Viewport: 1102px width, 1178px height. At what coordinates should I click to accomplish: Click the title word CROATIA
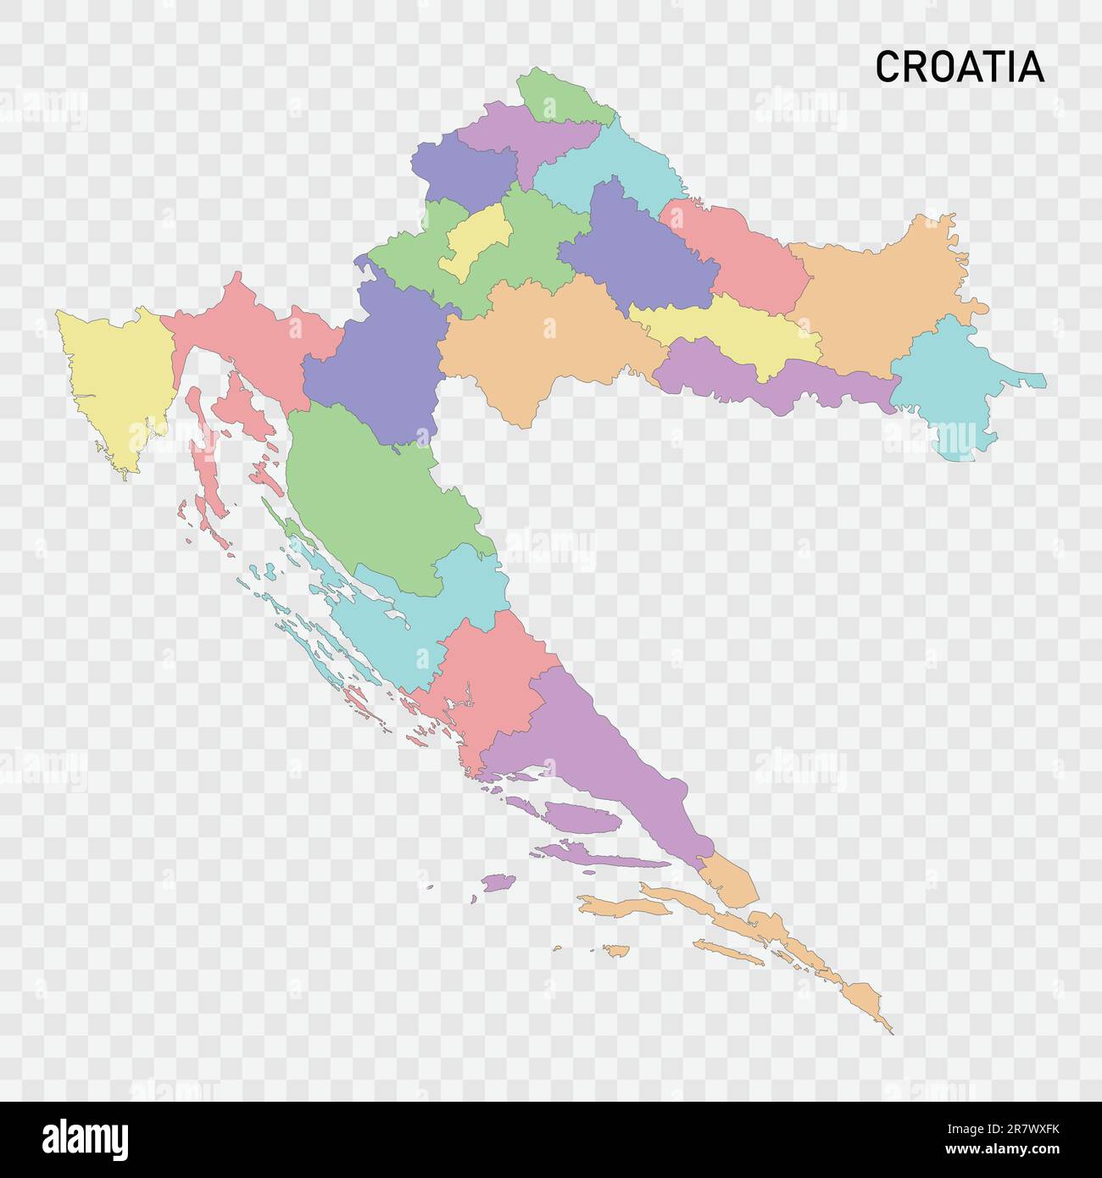click(959, 67)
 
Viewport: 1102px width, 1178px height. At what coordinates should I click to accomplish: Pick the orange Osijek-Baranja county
click(882, 288)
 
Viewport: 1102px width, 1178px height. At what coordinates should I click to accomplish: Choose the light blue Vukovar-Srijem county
click(945, 386)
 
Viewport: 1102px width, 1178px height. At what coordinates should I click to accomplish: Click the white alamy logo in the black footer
click(85, 1140)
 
